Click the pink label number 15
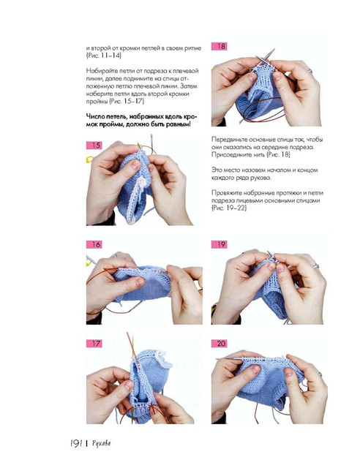(94, 146)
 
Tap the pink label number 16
(94, 244)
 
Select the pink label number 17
(94, 343)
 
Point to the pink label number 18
(220, 46)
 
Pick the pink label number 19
(220, 244)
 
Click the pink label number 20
(220, 343)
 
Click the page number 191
(76, 444)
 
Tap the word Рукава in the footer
(102, 444)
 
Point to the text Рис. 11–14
(104, 56)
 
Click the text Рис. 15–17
(127, 101)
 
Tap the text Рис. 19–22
(229, 208)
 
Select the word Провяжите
(227, 193)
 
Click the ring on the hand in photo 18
(310, 71)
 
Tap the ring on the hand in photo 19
(316, 265)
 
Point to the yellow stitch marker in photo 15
(89, 159)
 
